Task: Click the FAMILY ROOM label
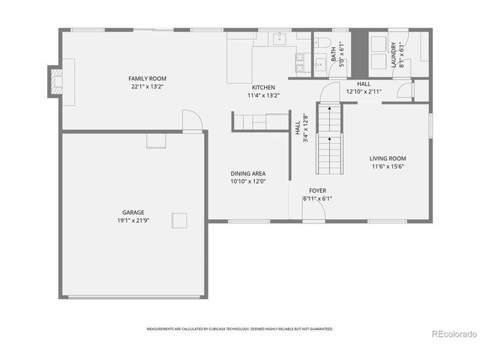click(147, 79)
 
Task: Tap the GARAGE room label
click(133, 212)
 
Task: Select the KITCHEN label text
click(263, 88)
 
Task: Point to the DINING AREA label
click(247, 173)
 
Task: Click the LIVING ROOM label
click(387, 158)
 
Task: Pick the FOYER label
click(317, 191)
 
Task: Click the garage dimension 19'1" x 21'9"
click(133, 220)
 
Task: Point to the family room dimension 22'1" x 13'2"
click(147, 86)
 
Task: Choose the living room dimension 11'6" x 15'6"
click(387, 166)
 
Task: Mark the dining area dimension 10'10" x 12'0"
click(247, 181)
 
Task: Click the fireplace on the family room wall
click(55, 81)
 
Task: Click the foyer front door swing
click(315, 211)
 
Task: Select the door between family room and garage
click(192, 121)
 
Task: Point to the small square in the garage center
click(179, 220)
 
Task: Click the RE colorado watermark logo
click(453, 334)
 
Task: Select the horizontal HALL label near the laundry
click(364, 84)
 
